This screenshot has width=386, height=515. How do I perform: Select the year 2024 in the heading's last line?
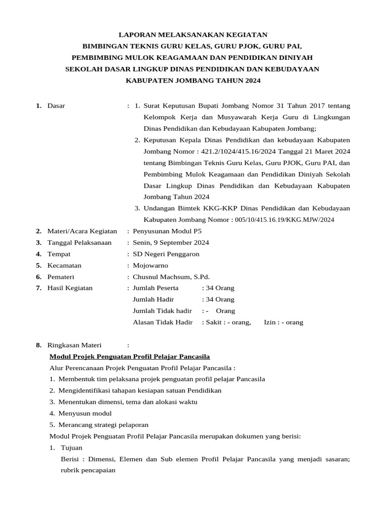pos(252,80)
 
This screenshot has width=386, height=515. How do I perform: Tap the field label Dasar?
pos(56,106)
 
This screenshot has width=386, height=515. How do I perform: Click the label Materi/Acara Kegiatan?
pos(82,231)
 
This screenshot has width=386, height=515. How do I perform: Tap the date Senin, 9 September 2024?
pos(171,242)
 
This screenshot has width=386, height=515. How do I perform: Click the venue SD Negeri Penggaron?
pos(166,254)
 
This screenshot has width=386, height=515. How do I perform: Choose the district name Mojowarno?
pos(150,265)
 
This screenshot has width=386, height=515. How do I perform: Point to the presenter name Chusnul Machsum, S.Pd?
pos(171,277)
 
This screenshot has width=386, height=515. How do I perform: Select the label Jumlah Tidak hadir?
pos(162,311)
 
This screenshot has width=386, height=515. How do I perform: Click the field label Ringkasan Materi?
pos(74,345)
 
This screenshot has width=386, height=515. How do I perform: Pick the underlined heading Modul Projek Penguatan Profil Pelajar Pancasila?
pos(129,357)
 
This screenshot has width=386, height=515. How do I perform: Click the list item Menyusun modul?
pos(85,413)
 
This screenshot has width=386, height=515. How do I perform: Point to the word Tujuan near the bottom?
pos(71,448)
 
